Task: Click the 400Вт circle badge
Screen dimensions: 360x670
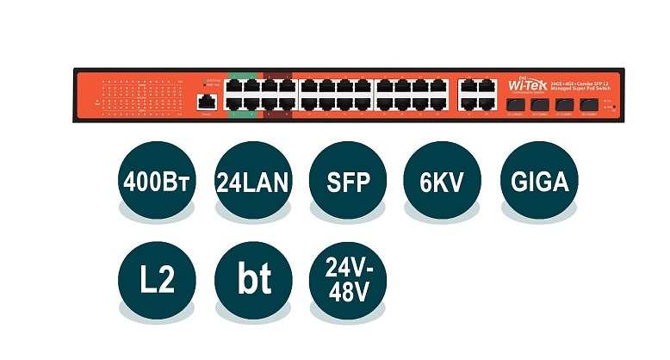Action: tap(156, 183)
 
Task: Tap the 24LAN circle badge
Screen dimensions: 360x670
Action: tap(251, 183)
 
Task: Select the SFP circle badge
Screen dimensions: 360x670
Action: tap(346, 183)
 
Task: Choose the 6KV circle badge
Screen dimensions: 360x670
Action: tap(442, 183)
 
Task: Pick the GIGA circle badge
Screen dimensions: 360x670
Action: tap(538, 183)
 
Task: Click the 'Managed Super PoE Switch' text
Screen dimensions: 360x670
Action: tap(581, 86)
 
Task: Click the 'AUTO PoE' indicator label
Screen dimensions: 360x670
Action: tap(214, 80)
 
